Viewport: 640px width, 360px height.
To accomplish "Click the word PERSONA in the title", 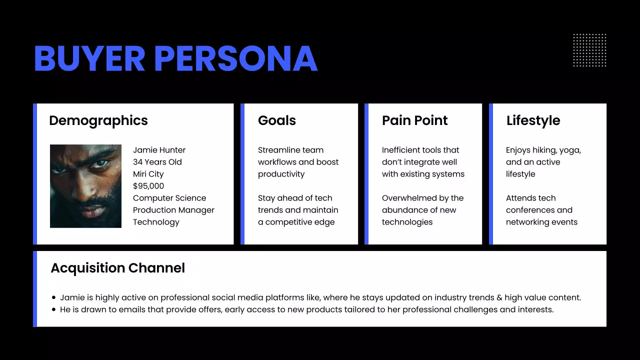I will (x=236, y=59).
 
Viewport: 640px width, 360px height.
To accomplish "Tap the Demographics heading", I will (x=98, y=120).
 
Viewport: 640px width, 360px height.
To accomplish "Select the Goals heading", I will (x=277, y=120).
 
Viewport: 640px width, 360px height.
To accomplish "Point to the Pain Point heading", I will (x=415, y=120).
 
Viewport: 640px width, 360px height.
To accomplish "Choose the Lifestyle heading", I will (x=533, y=120).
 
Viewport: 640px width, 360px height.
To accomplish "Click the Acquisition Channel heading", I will (x=118, y=268).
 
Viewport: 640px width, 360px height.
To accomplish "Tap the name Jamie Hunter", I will (x=159, y=150).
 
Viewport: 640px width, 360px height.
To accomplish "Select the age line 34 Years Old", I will (x=157, y=162).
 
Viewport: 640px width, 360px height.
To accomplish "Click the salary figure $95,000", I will (x=148, y=186).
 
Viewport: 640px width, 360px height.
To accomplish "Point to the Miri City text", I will (x=148, y=174).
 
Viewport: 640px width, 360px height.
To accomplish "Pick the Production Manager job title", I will (x=173, y=210).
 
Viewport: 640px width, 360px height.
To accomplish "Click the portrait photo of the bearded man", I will (x=85, y=186).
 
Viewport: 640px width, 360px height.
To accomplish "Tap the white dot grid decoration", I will (x=589, y=50).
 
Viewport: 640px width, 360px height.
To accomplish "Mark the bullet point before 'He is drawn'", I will (x=54, y=309).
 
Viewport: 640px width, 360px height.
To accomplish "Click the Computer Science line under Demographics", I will (x=169, y=198).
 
